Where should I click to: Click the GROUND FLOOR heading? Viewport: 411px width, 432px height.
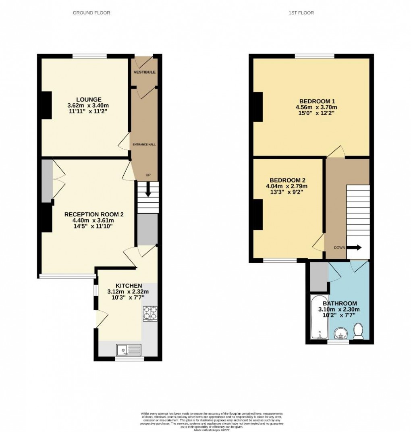[91, 13]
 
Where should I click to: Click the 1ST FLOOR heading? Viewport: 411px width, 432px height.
[301, 13]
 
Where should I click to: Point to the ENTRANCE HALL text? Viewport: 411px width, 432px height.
[144, 144]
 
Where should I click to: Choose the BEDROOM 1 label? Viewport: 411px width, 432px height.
[317, 101]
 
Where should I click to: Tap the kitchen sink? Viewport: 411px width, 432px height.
[128, 349]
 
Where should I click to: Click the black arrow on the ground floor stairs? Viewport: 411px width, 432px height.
[148, 189]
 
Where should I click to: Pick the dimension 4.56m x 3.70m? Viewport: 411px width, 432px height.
[316, 107]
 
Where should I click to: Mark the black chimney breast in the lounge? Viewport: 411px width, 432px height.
[46, 105]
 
